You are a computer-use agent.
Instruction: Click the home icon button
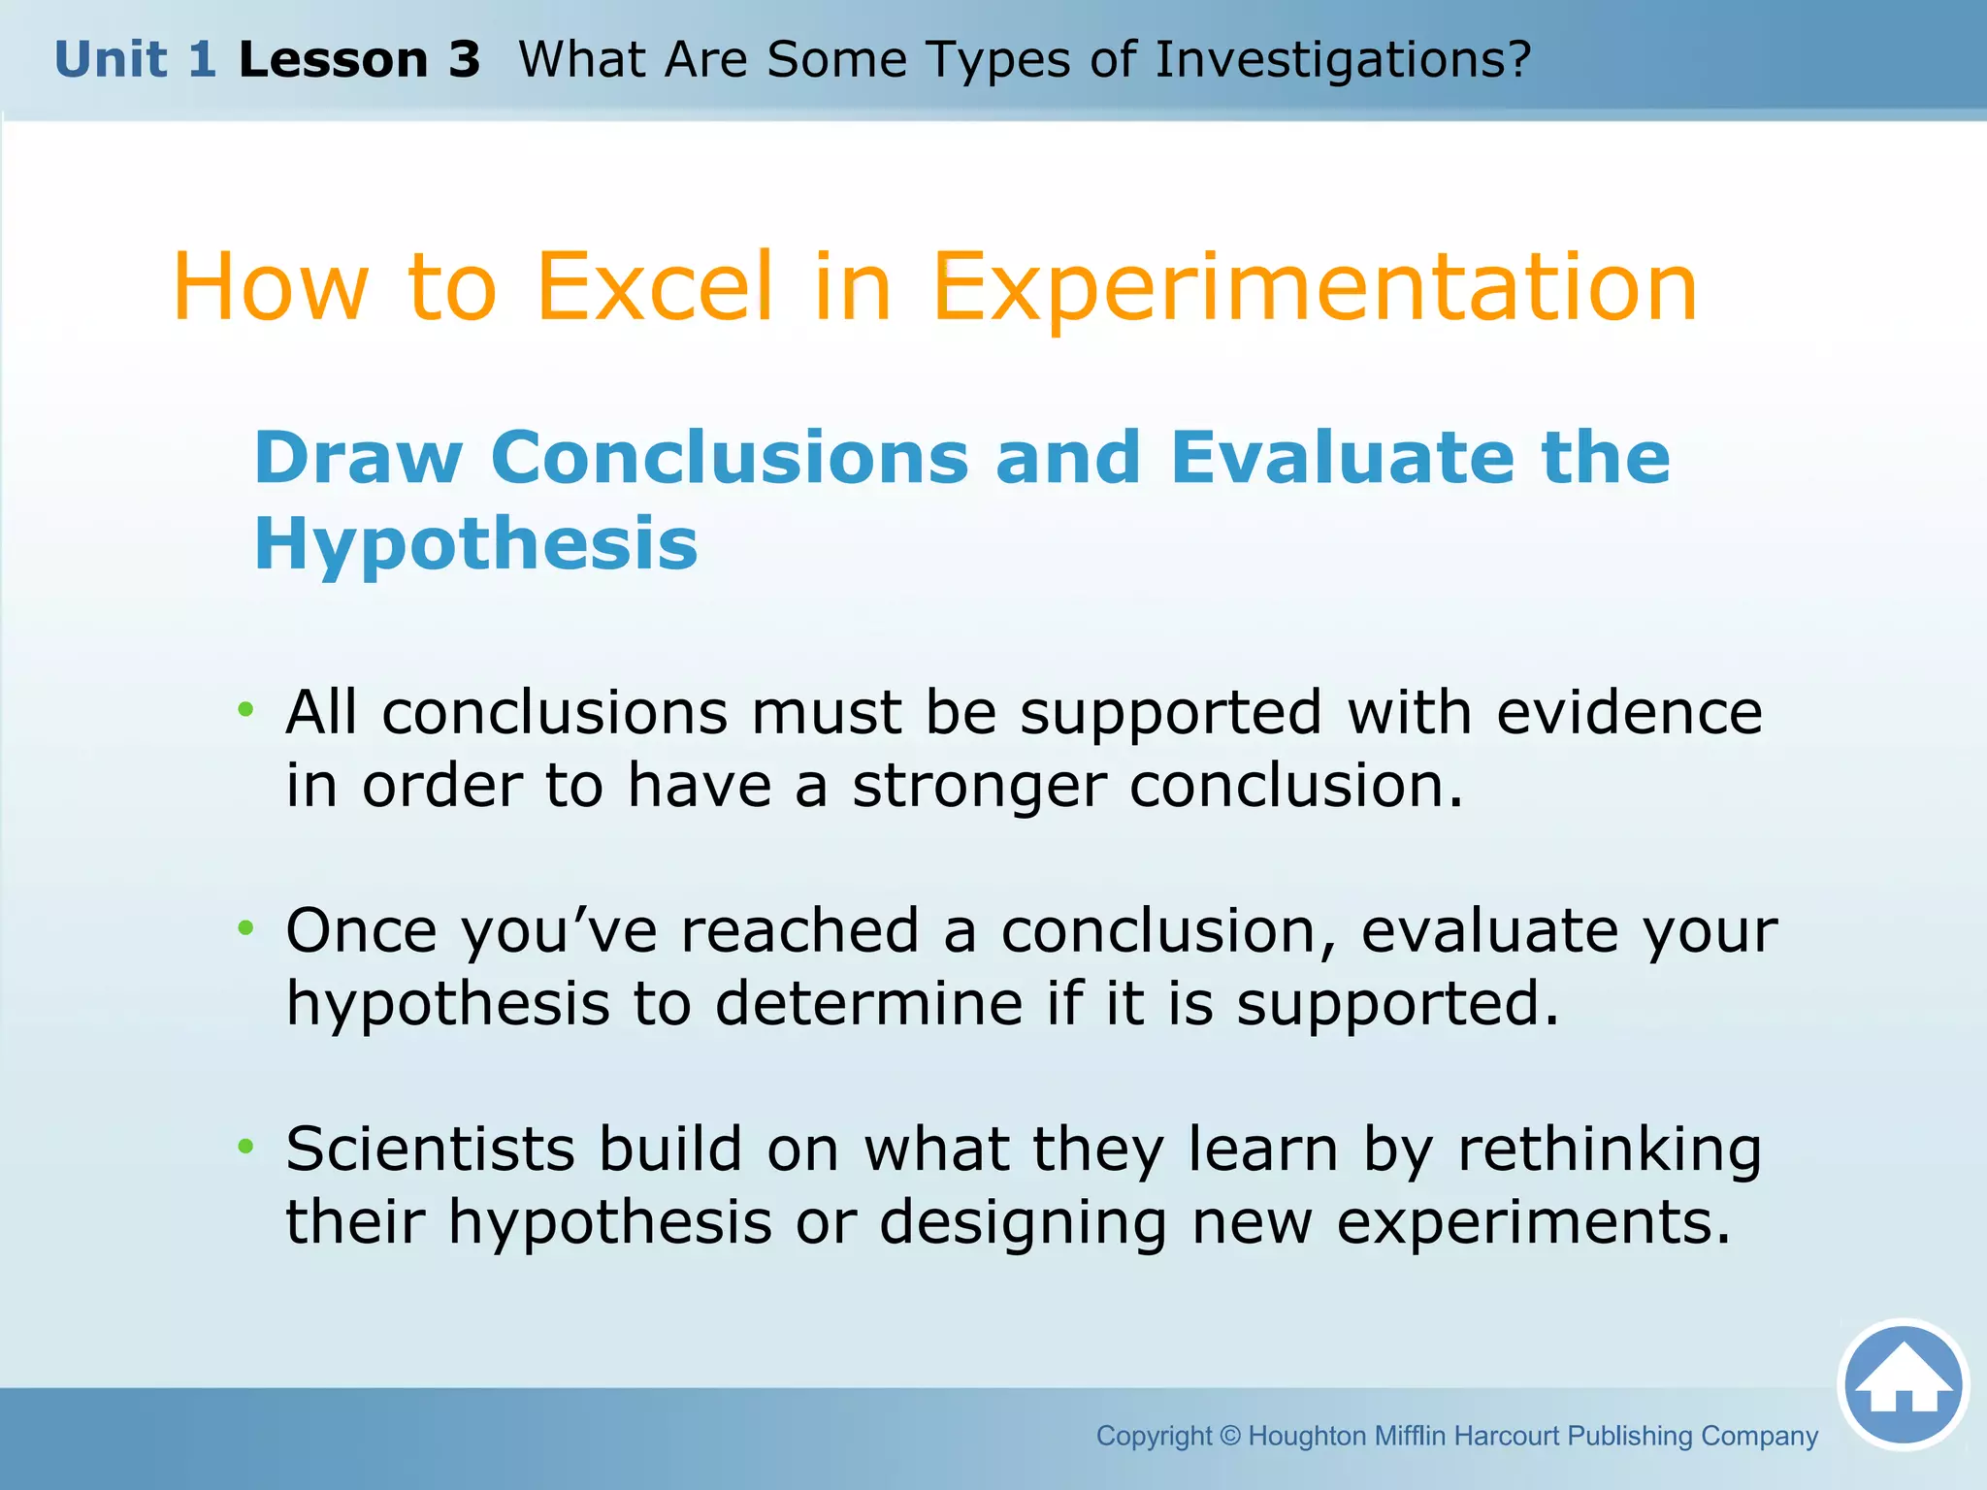coord(1903,1384)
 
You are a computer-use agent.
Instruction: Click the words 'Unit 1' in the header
coord(135,59)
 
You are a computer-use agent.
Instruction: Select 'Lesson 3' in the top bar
coord(359,59)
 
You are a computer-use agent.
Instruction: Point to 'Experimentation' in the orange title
coord(1315,288)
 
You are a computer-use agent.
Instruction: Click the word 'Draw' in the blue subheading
coord(358,457)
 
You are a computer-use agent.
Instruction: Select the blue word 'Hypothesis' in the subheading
coord(475,543)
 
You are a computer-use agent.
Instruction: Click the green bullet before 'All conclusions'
coord(245,710)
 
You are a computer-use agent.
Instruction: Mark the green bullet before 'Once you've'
coord(245,928)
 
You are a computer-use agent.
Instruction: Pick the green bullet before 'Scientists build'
coord(245,1147)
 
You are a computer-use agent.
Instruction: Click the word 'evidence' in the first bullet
coord(1629,712)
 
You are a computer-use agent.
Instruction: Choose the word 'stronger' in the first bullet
coord(979,786)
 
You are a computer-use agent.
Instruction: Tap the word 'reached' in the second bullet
coord(799,930)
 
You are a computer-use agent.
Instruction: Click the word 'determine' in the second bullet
coord(869,1003)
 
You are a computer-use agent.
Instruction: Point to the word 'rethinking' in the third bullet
coord(1610,1150)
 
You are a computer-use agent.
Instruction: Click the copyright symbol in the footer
coord(1229,1436)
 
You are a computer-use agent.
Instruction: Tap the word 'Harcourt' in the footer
coord(1508,1436)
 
